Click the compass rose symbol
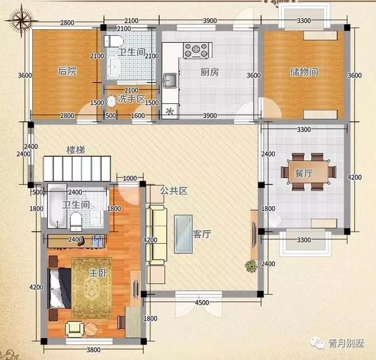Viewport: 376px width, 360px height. point(21,21)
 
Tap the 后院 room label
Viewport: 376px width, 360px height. point(68,71)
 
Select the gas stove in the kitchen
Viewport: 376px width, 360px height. point(196,51)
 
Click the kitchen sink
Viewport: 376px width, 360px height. point(170,79)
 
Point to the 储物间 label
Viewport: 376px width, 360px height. point(304,72)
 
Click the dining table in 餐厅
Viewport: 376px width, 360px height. point(308,172)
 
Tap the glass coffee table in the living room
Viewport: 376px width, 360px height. point(183,234)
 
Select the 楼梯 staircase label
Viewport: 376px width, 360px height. point(76,150)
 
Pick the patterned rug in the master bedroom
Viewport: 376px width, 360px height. point(92,288)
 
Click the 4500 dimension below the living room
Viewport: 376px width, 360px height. point(202,302)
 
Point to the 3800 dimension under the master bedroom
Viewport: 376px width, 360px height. point(93,349)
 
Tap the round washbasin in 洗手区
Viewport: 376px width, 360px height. point(111,102)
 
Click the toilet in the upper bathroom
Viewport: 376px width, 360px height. point(113,41)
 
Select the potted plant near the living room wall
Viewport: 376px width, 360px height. point(251,266)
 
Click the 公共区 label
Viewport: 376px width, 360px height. point(174,191)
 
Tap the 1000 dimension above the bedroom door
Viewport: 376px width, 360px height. point(130,179)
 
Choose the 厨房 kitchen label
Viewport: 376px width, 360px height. point(210,72)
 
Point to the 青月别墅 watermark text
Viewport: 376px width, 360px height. point(346,343)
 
